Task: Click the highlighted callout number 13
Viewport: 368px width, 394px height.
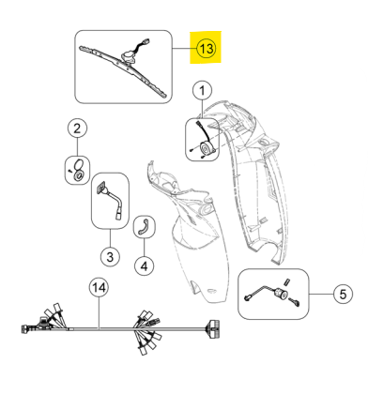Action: coord(207,49)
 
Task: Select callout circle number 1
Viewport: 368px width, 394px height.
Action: coord(202,91)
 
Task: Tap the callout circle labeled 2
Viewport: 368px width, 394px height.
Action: coord(77,129)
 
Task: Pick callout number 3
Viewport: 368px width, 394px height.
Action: coord(110,257)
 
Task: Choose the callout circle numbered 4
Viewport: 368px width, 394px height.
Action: coord(144,266)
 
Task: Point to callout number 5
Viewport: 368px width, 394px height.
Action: coord(343,294)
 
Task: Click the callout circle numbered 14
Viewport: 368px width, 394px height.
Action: coord(100,287)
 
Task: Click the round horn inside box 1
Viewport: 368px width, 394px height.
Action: coord(207,148)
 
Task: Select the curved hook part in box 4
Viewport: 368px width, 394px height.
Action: coord(145,226)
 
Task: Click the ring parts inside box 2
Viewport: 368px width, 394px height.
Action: coord(78,170)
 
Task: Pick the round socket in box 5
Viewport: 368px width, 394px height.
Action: coord(280,294)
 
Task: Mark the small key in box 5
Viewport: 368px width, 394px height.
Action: coord(295,302)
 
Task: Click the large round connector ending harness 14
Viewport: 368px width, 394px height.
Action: coord(212,328)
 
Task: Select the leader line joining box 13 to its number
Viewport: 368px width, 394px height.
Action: coord(184,49)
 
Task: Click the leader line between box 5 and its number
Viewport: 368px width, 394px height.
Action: coord(321,294)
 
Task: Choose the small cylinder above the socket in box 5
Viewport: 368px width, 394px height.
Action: coord(285,281)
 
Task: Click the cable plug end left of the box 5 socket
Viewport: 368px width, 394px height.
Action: coord(247,298)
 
